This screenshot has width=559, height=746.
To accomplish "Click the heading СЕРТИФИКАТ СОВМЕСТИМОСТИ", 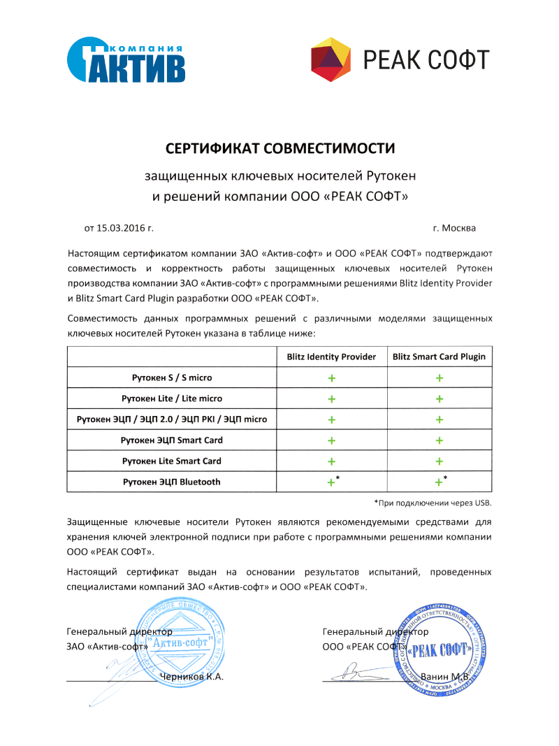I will pyautogui.click(x=279, y=148).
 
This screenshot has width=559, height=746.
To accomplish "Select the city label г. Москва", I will pyautogui.click(x=454, y=228).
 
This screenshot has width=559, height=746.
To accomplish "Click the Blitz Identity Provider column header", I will pyautogui.click(x=331, y=357).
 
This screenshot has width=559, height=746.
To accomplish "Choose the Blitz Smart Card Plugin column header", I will pyautogui.click(x=439, y=357).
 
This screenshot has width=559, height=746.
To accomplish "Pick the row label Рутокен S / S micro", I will pyautogui.click(x=172, y=378).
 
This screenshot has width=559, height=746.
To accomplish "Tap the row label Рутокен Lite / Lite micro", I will pyautogui.click(x=172, y=399).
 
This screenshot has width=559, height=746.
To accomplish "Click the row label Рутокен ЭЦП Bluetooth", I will pyautogui.click(x=172, y=482).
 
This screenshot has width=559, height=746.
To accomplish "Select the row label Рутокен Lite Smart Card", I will pyautogui.click(x=172, y=461).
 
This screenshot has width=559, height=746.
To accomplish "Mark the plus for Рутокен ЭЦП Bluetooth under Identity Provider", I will pyautogui.click(x=331, y=482).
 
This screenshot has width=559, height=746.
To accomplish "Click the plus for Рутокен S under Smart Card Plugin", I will pyautogui.click(x=440, y=378).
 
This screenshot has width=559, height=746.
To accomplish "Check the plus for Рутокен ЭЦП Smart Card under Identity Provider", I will pyautogui.click(x=331, y=440).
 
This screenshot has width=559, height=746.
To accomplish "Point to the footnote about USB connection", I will pyautogui.click(x=433, y=503).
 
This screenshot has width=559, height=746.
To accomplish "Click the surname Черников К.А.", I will pyautogui.click(x=191, y=677).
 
